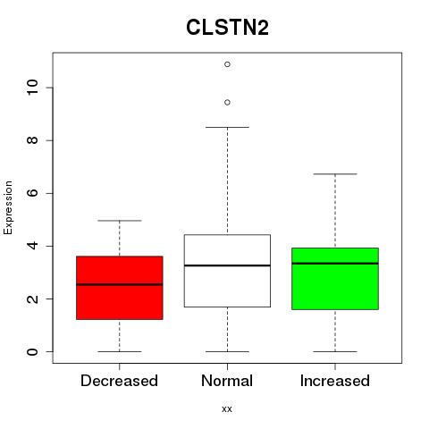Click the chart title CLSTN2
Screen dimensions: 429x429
227,28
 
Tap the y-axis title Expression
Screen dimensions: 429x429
8,207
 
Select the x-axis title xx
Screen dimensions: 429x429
227,408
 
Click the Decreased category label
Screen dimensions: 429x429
119,381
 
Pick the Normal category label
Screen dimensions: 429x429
227,381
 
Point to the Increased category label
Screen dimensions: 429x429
335,381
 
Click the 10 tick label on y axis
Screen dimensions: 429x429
32,88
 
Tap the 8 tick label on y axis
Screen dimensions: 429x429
32,140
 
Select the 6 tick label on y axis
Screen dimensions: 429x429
32,193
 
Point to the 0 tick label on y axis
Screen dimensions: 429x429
32,351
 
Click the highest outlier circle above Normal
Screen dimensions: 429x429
227,64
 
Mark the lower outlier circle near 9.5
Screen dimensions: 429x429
227,103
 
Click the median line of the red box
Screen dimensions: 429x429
120,284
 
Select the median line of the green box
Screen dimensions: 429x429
335,264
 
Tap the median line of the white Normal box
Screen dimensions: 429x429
227,265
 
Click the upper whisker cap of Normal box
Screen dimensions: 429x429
227,127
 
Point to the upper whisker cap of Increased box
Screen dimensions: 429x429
335,173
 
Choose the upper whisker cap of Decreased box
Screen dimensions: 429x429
120,221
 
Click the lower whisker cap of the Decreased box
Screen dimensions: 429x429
120,351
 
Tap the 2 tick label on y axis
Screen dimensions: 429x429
32,299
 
